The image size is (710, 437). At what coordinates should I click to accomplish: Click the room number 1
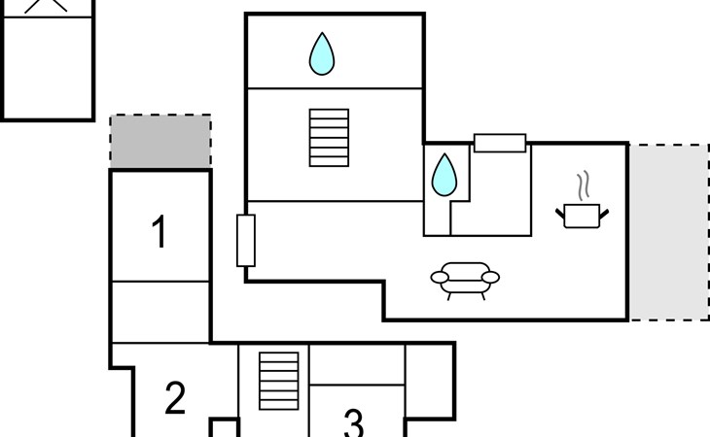[159, 231]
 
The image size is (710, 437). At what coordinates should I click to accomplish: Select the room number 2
[175, 398]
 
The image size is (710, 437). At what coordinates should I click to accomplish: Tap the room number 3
[354, 423]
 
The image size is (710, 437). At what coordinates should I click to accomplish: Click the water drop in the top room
[322, 53]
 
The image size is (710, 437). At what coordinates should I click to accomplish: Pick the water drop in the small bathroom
[444, 175]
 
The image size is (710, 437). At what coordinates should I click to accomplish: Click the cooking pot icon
[582, 216]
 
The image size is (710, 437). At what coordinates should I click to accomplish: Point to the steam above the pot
[585, 185]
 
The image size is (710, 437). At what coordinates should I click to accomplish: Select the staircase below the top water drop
[329, 138]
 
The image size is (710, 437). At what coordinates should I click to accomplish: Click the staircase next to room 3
[279, 381]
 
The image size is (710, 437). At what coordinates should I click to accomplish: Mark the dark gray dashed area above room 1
[160, 142]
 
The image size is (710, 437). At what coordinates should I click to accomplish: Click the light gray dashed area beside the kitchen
[669, 232]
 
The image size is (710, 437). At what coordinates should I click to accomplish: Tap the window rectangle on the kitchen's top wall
[500, 143]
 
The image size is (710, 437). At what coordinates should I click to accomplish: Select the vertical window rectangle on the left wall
[246, 241]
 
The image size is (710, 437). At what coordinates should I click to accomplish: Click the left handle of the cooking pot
[560, 214]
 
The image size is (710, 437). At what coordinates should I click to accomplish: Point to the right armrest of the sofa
[490, 277]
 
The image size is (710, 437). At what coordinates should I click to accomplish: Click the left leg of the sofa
[449, 296]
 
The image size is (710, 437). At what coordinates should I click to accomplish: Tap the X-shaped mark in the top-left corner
[46, 6]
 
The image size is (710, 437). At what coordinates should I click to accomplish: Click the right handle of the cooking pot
[604, 214]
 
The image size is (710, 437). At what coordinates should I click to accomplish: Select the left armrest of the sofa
[440, 277]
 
